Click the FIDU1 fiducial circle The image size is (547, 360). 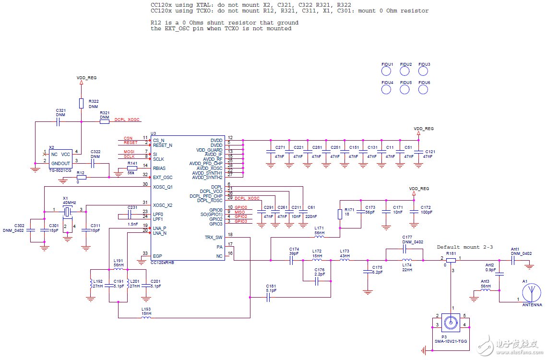[387, 71]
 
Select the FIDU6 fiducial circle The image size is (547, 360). [424, 89]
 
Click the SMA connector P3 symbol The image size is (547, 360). [452, 322]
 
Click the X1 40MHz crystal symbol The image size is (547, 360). [68, 210]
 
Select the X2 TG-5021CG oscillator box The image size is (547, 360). [60, 157]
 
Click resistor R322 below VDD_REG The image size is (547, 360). [81, 104]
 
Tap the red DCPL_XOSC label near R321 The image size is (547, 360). [127, 120]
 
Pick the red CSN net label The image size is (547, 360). [128, 138]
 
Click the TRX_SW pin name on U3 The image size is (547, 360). [213, 238]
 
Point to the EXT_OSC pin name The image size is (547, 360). [163, 178]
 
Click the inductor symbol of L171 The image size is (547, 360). [319, 237]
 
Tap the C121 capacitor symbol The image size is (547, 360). [417, 152]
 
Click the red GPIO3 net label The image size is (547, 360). [240, 221]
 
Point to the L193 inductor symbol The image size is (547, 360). [146, 317]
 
